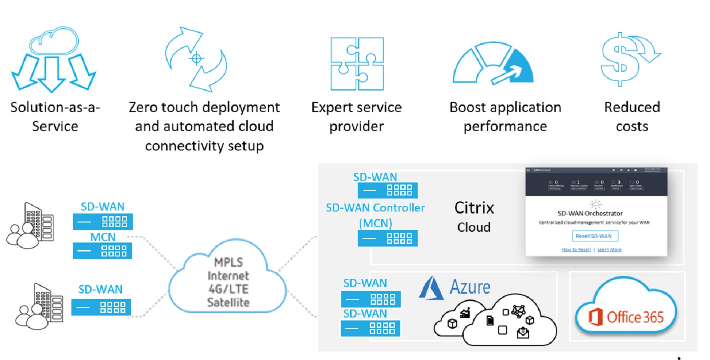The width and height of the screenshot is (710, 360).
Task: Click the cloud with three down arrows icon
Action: [53, 62]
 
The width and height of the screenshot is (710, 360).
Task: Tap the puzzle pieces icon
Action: [356, 63]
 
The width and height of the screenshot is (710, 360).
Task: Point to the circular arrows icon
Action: [196, 59]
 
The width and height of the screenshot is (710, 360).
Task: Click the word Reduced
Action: [632, 107]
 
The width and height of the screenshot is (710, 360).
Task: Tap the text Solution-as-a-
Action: [55, 107]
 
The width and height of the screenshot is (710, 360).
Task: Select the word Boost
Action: [469, 107]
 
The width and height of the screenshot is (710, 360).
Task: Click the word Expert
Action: [334, 107]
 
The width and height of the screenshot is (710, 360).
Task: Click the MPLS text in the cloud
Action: [228, 263]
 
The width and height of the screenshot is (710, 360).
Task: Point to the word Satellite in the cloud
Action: [228, 302]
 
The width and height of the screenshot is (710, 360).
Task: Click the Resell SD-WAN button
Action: [595, 236]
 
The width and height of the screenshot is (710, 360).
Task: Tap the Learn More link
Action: [609, 249]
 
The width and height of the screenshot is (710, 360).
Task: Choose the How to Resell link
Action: [576, 249]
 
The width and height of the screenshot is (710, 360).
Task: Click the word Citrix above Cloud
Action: [474, 207]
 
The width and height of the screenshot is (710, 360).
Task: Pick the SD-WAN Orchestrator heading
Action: [590, 213]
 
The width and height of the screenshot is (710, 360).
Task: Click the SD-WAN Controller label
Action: [375, 207]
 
